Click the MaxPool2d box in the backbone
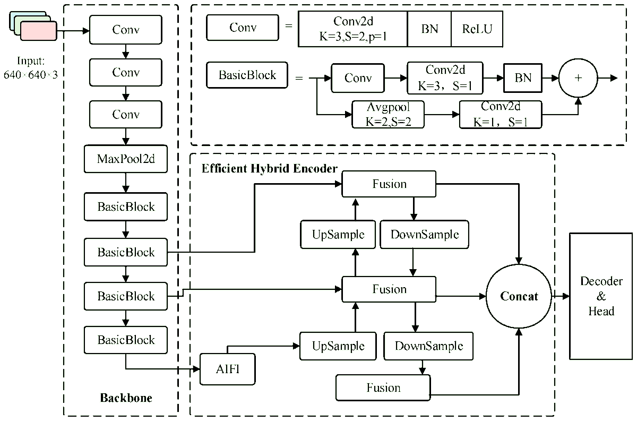pos(126,159)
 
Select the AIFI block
pos(227,369)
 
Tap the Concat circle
pos(519,296)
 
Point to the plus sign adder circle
pos(578,77)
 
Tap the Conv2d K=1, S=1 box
pos(501,114)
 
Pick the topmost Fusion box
pos(389,184)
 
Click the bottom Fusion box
pos(383,387)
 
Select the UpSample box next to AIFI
pos(338,346)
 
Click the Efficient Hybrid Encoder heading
pos(269,169)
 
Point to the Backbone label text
pos(126,398)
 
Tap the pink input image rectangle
pos(39,31)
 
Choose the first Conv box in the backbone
pos(126,29)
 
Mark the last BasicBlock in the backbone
pos(126,340)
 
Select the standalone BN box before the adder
pos(523,77)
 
